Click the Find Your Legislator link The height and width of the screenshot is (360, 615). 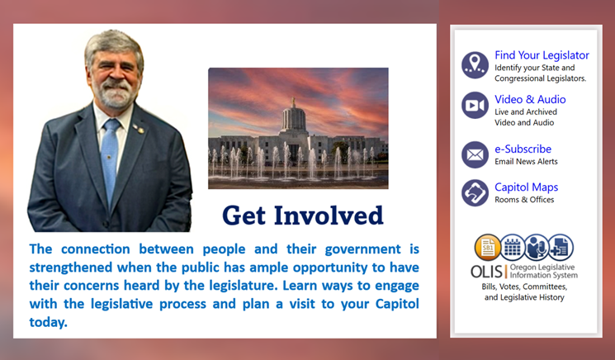tap(542, 55)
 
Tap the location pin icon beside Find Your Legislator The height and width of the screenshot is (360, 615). tap(475, 64)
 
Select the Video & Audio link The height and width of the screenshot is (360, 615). tap(530, 99)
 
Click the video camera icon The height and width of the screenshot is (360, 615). tap(475, 106)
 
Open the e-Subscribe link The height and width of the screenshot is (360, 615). tap(523, 149)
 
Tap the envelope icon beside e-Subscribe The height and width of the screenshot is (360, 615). tap(475, 154)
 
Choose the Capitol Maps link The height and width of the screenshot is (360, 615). tap(526, 187)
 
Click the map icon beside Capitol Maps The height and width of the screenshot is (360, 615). tap(475, 193)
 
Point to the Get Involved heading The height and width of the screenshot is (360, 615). tap(303, 216)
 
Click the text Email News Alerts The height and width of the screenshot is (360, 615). tap(526, 162)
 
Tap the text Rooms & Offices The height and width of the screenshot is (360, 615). tap(524, 200)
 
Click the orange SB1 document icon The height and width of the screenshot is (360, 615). tap(487, 247)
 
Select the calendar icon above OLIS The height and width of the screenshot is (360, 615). tap(512, 247)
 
